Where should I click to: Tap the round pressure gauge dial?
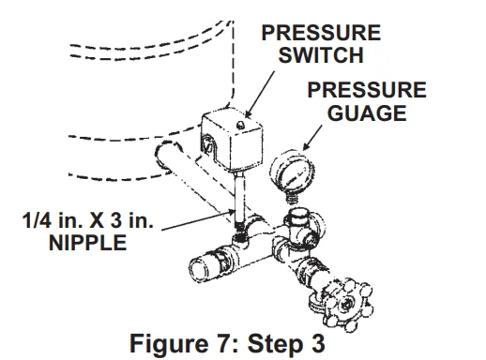click(291, 173)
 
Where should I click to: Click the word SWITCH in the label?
click(320, 55)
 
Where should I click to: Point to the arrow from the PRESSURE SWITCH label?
click(263, 94)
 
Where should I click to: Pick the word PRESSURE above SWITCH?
click(320, 33)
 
